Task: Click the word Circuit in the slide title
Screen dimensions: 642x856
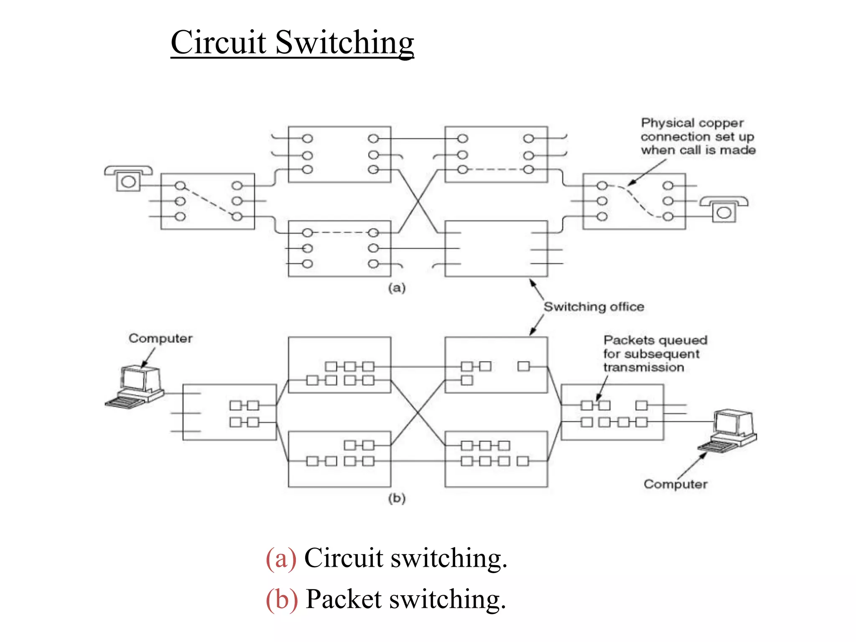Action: click(x=219, y=43)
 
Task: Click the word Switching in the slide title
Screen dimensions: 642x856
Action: click(x=345, y=43)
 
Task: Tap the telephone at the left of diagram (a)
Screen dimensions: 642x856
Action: click(x=128, y=178)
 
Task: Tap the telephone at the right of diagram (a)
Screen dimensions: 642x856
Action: click(x=724, y=209)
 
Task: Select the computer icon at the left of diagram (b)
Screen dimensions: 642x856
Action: click(x=135, y=387)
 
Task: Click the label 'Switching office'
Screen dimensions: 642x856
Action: click(x=594, y=307)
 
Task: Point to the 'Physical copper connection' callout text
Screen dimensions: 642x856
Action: click(x=698, y=136)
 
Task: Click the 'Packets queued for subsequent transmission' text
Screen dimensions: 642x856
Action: click(x=655, y=354)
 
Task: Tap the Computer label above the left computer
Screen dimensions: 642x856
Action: click(x=160, y=338)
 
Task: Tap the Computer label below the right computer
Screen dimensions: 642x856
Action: click(x=675, y=484)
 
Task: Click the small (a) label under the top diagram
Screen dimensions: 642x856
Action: click(x=397, y=288)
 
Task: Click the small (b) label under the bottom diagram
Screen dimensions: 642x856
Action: click(x=397, y=498)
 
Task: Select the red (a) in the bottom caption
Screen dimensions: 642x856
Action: click(x=281, y=558)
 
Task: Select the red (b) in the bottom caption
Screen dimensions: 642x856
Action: click(x=282, y=599)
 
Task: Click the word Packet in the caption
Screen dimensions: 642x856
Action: click(x=344, y=599)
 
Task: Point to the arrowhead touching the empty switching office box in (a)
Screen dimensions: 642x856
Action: click(x=532, y=282)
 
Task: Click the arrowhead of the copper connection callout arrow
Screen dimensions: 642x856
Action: click(x=631, y=183)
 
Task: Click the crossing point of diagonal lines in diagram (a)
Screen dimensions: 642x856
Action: click(x=418, y=201)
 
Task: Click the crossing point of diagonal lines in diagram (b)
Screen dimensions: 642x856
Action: click(x=418, y=412)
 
